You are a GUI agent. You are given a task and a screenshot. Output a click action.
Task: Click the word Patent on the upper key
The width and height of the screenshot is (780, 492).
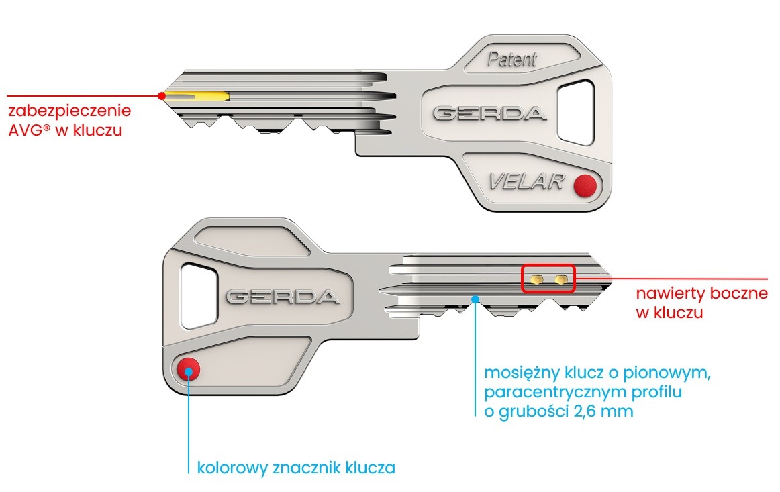coord(511,60)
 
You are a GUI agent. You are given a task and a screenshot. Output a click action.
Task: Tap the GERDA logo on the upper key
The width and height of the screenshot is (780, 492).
coord(489,113)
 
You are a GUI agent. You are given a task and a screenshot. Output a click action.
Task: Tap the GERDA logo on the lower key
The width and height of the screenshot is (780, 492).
coord(282,297)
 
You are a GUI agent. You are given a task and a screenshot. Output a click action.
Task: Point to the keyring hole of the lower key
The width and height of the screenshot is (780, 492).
coord(199,296)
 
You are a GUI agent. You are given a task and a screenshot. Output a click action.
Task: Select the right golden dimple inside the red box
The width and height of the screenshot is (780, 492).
coord(560,278)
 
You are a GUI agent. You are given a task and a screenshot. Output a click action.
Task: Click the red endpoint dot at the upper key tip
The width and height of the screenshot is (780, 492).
coord(161,96)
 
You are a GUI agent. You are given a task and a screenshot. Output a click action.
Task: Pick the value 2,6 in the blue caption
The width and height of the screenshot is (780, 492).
coord(588,411)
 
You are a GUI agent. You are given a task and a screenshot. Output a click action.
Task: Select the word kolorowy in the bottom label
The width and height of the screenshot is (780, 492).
coord(228,468)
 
